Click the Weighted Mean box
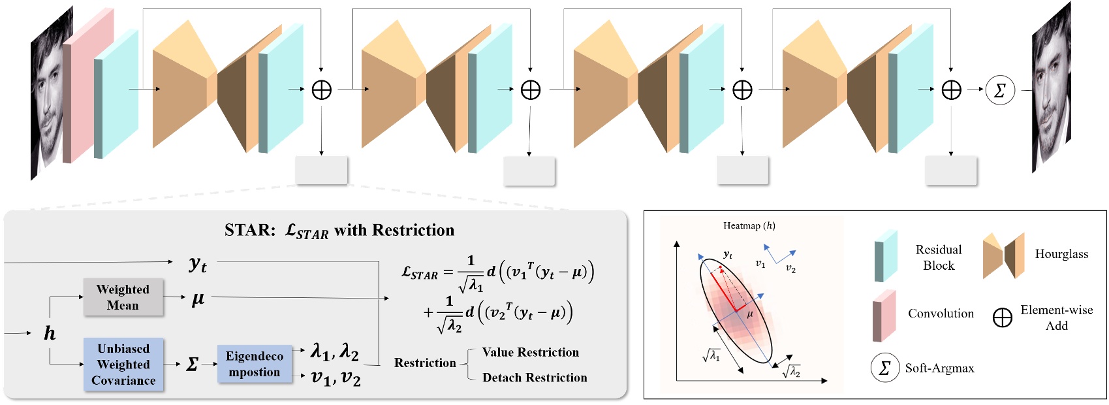(123, 297)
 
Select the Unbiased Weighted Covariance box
(123, 364)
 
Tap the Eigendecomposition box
(254, 364)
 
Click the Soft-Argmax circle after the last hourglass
(999, 90)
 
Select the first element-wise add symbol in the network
(322, 90)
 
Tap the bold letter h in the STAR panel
(50, 334)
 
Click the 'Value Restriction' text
(530, 353)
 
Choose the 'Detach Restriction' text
(534, 378)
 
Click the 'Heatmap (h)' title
(749, 226)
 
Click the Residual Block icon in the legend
(885, 257)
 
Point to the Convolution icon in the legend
(884, 317)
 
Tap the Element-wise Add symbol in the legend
(1002, 318)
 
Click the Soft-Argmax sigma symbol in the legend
(884, 368)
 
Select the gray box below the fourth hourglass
(950, 170)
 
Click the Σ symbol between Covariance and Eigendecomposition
(192, 364)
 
